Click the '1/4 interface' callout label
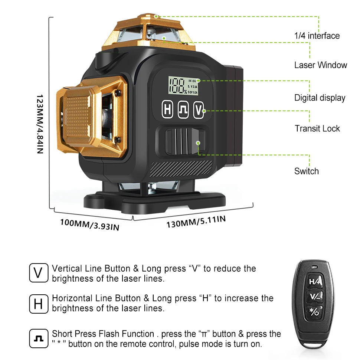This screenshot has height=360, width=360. tap(317, 36)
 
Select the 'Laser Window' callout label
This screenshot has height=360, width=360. tap(321, 65)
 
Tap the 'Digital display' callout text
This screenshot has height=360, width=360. tap(320, 98)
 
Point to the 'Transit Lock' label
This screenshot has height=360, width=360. tap(317, 128)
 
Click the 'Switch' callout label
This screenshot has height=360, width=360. tap(307, 171)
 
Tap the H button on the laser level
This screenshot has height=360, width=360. tap(168, 110)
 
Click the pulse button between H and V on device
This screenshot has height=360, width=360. tap(183, 110)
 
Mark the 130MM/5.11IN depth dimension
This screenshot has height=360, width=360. tap(196, 222)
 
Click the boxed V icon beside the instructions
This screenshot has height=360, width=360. tap(39, 273)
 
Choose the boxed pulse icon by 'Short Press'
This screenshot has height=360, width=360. tap(39, 338)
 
